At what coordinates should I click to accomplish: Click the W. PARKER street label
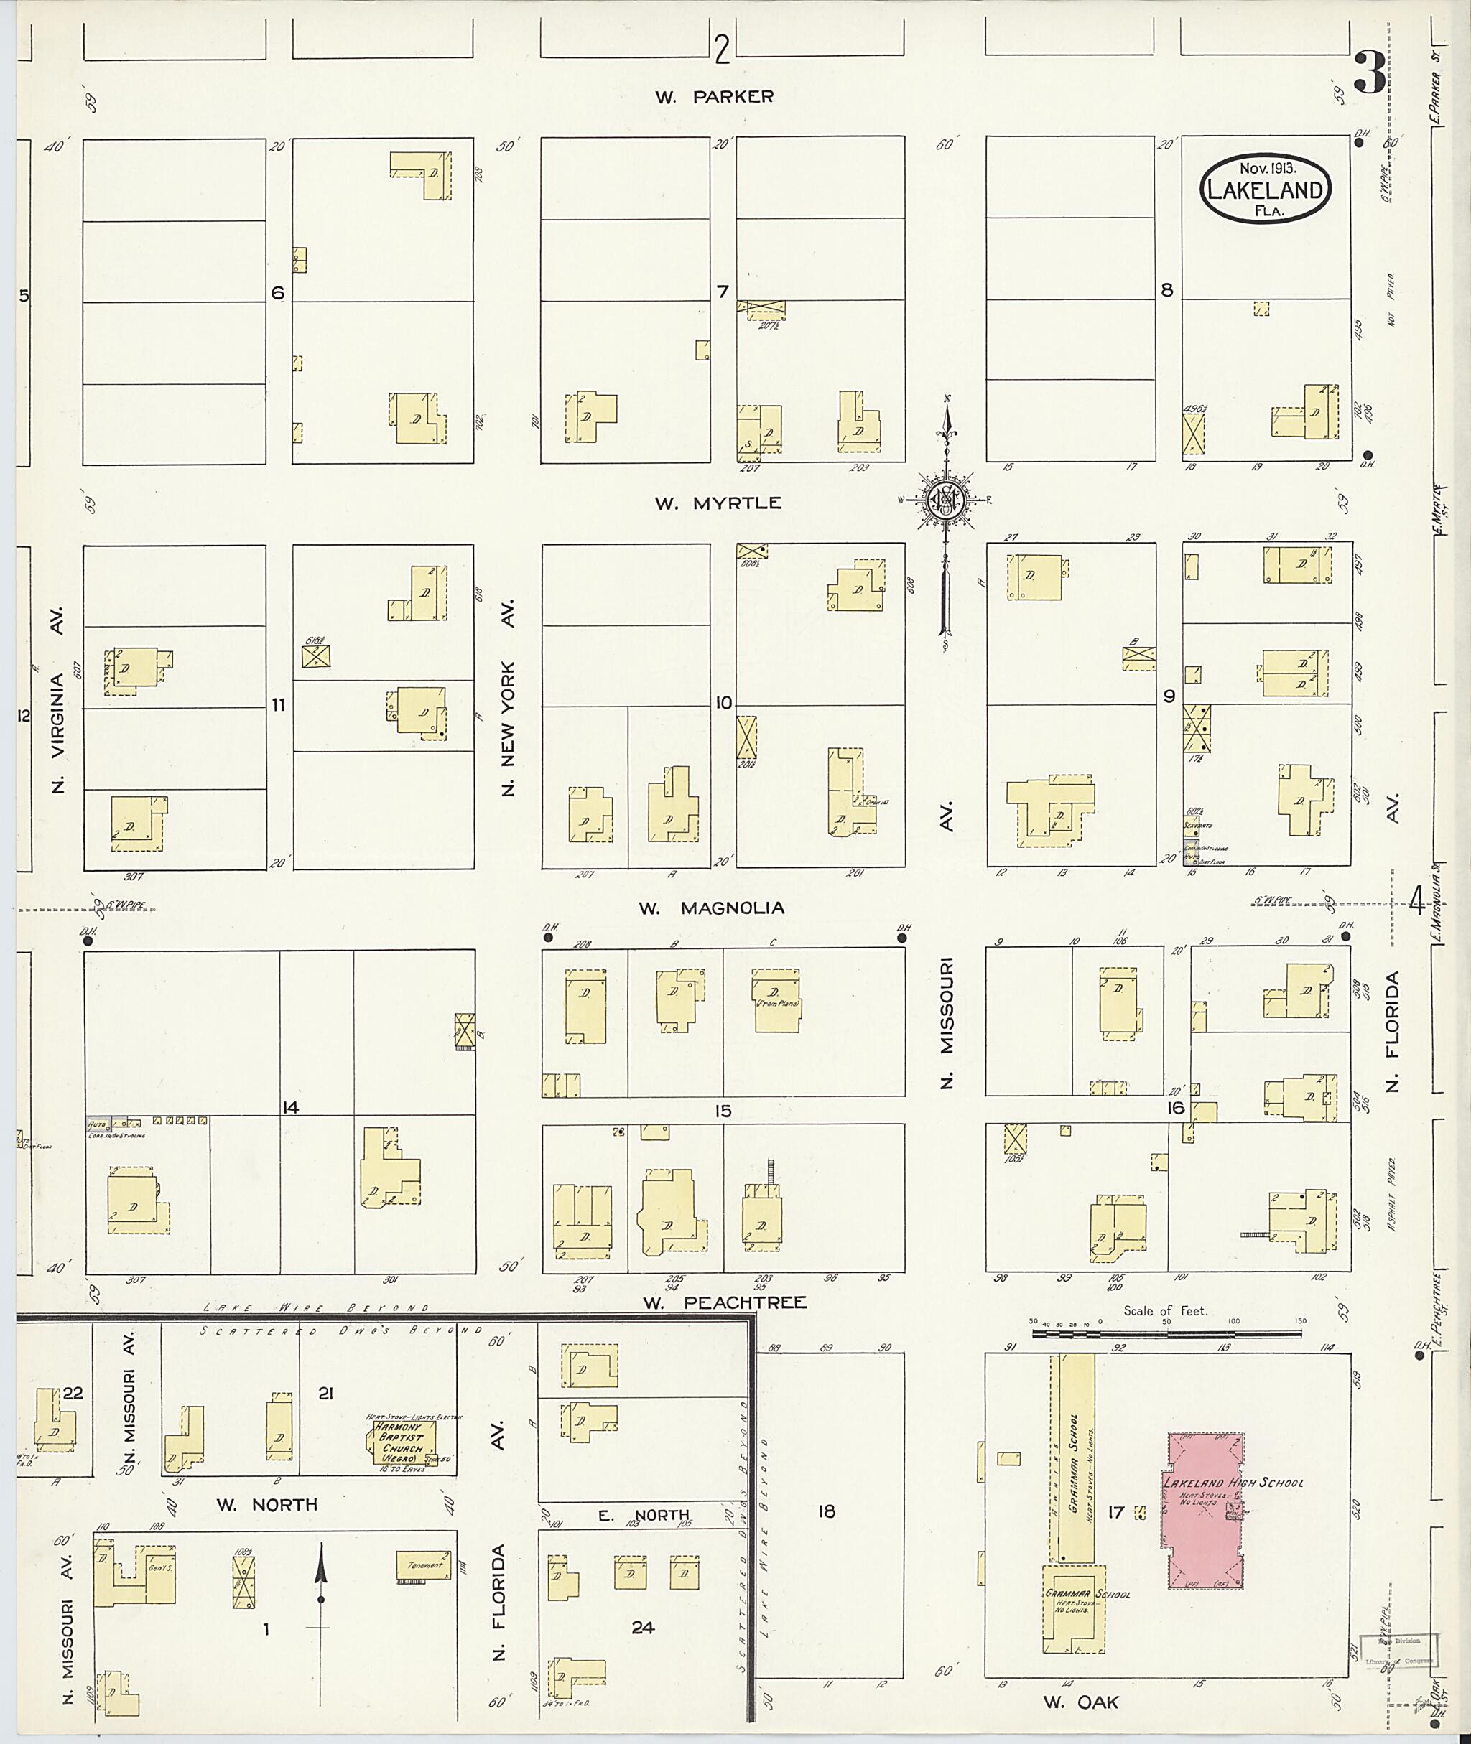714,97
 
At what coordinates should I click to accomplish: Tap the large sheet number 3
1370,73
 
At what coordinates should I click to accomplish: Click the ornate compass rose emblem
947,500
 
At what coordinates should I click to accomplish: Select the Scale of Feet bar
1166,1334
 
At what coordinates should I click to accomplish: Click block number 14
289,1108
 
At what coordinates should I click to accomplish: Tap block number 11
278,705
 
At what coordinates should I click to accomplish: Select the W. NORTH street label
267,1505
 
